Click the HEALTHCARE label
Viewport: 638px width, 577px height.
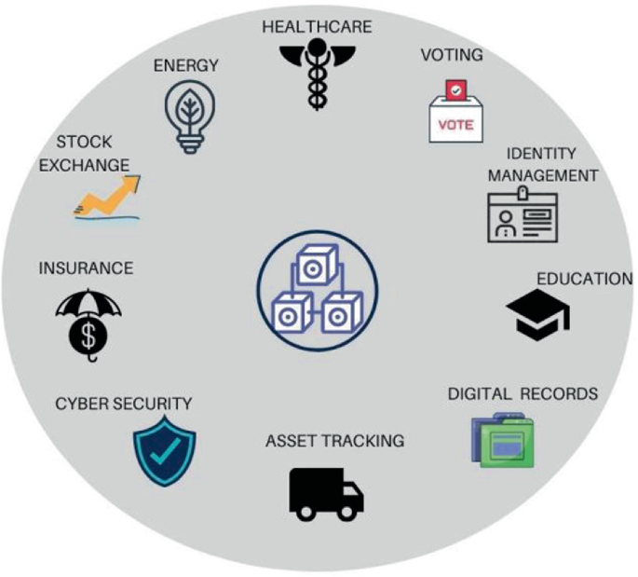pyautogui.click(x=316, y=26)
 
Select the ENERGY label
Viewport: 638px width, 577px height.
pyautogui.click(x=186, y=65)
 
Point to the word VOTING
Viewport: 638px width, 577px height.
pyautogui.click(x=452, y=55)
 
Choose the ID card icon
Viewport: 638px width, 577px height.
pyautogui.click(x=523, y=216)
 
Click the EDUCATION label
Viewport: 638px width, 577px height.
pyautogui.click(x=584, y=279)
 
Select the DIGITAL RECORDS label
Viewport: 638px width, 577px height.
pyautogui.click(x=522, y=393)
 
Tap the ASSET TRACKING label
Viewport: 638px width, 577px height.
pyautogui.click(x=334, y=441)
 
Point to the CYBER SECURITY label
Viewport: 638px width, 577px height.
pyautogui.click(x=123, y=404)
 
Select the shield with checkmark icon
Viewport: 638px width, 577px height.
pyautogui.click(x=155, y=451)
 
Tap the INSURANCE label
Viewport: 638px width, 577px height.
pyautogui.click(x=86, y=268)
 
